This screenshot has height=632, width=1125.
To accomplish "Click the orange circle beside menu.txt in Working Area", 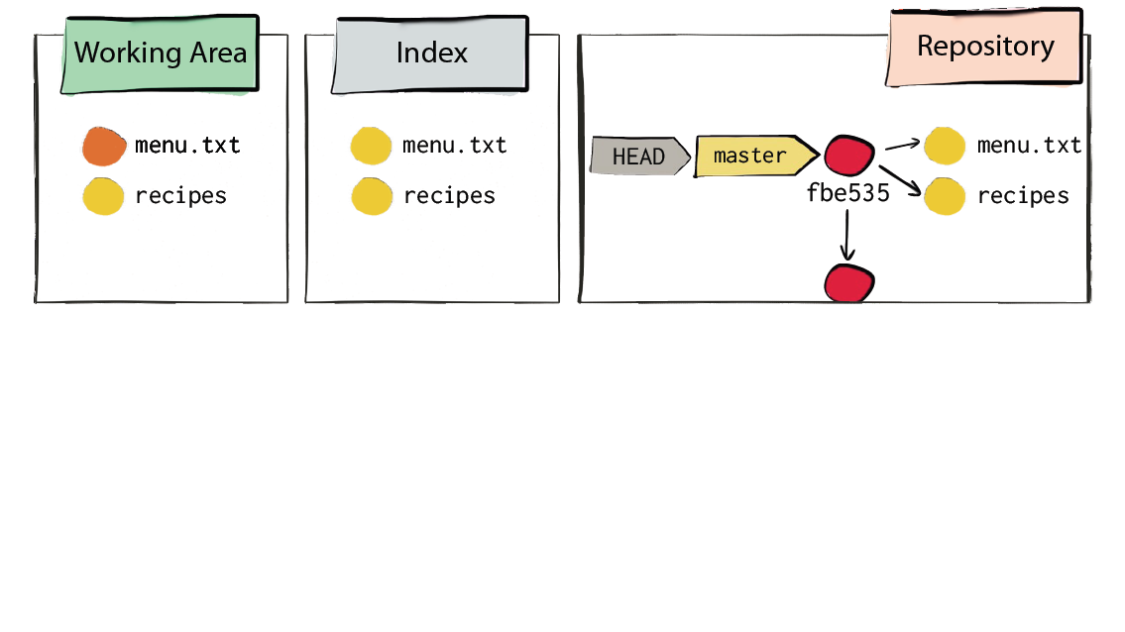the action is coord(104,147).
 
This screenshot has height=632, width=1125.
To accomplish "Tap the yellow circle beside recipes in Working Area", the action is coord(103,196).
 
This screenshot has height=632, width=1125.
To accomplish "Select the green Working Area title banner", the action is coord(160,54).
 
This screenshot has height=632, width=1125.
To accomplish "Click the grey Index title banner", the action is coord(430,54).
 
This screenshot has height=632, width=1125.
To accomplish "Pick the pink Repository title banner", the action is coord(985,48).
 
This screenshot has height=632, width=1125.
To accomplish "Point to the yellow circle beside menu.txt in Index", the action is coord(371,147).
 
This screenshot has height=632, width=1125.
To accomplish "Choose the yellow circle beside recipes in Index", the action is coord(372,196).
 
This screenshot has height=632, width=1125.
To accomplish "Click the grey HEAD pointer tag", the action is coord(640,157).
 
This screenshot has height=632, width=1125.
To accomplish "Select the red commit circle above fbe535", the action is coord(849,155).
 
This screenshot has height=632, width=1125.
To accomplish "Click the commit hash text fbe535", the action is coord(848,193).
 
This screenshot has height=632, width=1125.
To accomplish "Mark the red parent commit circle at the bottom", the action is coord(849,283).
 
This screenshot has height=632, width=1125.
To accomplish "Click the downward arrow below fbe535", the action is coord(847,235).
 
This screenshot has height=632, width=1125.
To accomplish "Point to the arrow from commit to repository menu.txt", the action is coord(903,146).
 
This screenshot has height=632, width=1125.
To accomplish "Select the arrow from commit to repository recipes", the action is coord(900,180).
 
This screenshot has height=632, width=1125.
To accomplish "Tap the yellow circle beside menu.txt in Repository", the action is coord(945,147).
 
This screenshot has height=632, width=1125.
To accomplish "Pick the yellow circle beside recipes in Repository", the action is coord(945,196).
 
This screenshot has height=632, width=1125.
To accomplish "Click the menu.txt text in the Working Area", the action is coord(187,146).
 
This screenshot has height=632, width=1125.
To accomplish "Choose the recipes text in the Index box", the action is coord(449,196).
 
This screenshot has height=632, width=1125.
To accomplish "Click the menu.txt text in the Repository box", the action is coord(1029,146).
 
